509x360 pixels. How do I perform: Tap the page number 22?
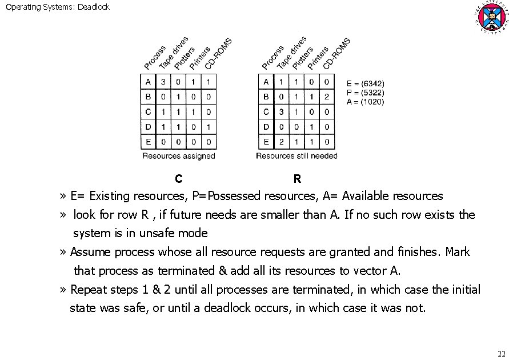coord(502,353)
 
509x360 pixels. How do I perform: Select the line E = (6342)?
coord(366,83)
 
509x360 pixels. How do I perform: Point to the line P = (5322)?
coord(366,93)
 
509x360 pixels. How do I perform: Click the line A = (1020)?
coord(366,102)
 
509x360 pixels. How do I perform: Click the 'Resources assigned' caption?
coord(178,155)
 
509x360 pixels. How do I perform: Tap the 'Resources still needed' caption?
coord(296,155)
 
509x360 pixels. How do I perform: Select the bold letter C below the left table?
coord(179,179)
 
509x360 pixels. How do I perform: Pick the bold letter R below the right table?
coord(297,179)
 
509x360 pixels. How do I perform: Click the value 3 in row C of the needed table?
coord(281,112)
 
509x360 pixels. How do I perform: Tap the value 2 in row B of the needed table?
coord(327,97)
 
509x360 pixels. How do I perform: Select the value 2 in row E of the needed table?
coord(281,142)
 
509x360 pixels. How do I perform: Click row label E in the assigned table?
coord(148,142)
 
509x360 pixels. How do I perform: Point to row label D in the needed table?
coord(266,127)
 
